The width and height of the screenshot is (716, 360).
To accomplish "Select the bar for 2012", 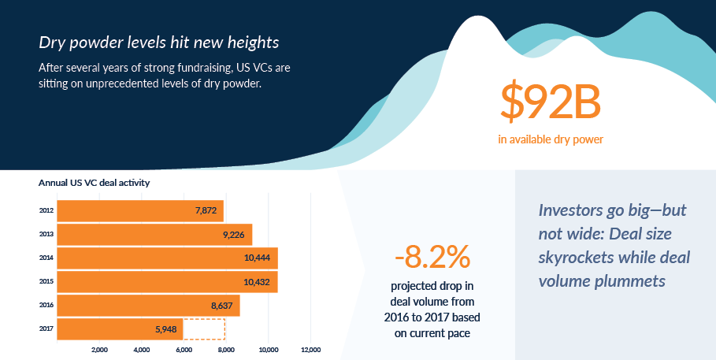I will tap(140, 211).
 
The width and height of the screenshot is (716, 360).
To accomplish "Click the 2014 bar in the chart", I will tap(167, 258).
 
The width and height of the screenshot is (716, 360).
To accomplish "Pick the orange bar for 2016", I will tap(148, 306).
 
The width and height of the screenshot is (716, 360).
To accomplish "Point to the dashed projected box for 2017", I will tap(204, 329).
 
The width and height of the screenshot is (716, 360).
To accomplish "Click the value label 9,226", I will tap(237, 235).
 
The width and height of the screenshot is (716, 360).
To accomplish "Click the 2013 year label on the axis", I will tap(46, 235).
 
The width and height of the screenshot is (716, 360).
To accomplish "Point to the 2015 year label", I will tap(46, 282).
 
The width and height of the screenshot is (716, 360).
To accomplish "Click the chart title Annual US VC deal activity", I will tap(94, 182).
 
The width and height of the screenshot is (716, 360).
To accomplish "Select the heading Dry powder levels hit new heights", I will tap(158, 42).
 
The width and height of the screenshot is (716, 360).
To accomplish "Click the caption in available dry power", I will tap(551, 140).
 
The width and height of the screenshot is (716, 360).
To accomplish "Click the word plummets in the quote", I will tap(627, 280).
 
